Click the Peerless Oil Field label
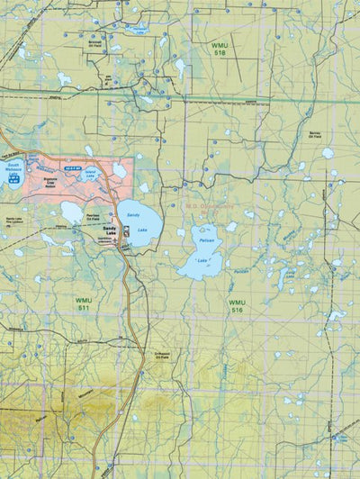click(x=97, y=219)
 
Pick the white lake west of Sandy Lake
click(x=72, y=212)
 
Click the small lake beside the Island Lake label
click(x=119, y=170)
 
